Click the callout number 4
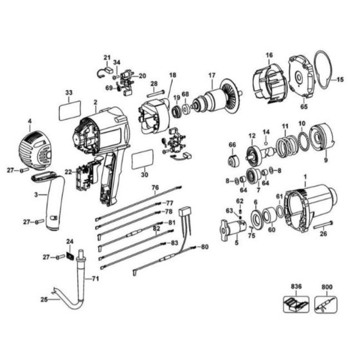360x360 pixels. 29,120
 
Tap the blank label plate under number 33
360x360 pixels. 69,112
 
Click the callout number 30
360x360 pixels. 143,174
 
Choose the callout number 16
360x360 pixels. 269,55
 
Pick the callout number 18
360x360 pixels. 172,75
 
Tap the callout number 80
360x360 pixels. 205,247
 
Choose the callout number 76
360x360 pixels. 155,187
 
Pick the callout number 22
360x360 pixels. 67,172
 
